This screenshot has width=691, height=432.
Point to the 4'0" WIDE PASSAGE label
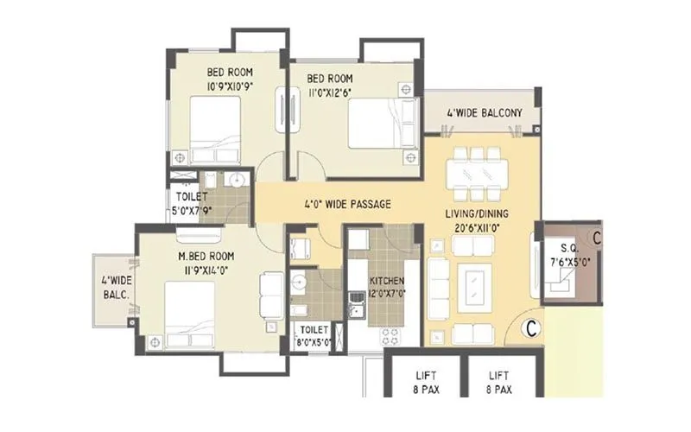click(x=348, y=205)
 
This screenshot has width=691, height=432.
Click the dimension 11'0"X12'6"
click(x=332, y=90)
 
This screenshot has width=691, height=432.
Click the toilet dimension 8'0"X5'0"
click(x=312, y=341)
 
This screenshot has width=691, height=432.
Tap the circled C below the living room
click(x=533, y=328)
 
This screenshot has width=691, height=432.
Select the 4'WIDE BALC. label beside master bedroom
click(x=115, y=287)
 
